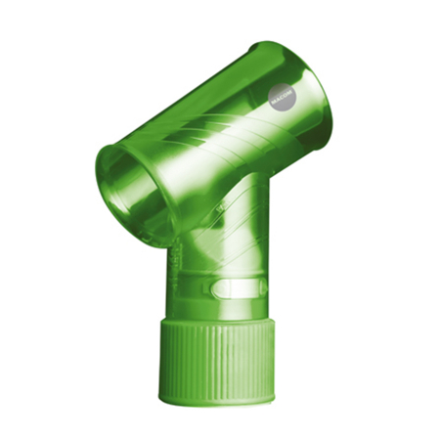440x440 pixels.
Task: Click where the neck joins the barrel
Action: click(230, 196)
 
